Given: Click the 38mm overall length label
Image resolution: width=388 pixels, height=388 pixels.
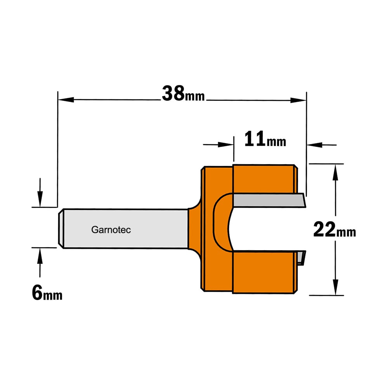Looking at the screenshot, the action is click(184, 94).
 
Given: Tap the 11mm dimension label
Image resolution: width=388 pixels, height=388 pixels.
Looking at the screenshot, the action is click(265, 139).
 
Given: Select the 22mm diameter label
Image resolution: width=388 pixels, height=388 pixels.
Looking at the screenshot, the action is click(334, 230).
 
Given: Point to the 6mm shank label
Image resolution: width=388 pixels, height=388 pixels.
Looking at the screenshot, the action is click(47, 293).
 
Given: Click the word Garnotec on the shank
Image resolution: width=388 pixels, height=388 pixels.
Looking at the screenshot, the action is click(111, 230).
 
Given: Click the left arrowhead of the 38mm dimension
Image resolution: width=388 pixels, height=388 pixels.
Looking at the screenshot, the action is click(66, 99).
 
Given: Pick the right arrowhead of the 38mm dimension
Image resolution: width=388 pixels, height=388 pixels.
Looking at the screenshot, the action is click(298, 100).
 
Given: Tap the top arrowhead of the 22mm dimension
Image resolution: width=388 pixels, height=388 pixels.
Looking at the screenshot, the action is click(335, 173).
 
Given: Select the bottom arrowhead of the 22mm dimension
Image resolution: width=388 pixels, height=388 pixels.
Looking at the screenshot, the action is click(335, 287).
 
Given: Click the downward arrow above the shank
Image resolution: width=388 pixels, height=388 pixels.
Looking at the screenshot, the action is click(40, 192).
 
